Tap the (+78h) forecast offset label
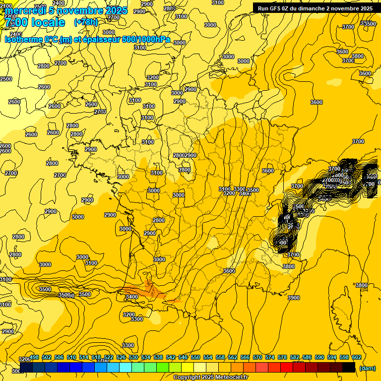coord(86,22)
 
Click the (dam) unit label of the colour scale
coord(367,368)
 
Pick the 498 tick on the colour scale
coord(34,358)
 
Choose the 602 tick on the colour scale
coord(356,358)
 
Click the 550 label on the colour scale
coord(195,358)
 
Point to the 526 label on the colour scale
coord(121,358)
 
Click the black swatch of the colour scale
coord(348,368)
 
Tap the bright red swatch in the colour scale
coord(286,368)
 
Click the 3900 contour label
coord(294,298)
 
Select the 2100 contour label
coord(6,6)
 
